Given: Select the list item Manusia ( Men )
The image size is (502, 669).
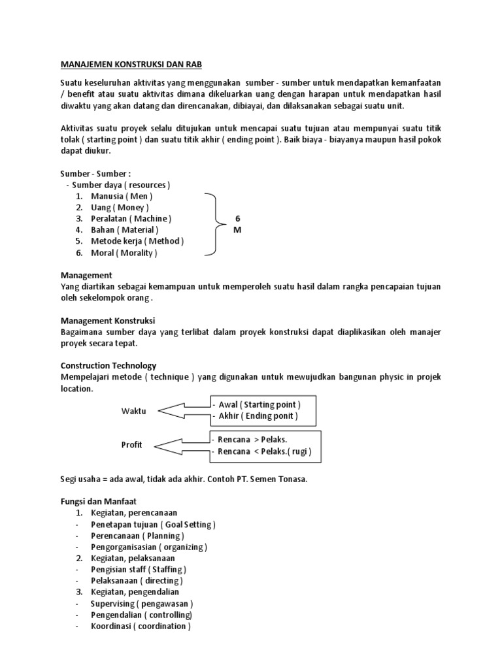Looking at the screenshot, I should pos(122,196).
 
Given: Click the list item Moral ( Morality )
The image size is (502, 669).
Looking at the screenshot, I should pos(124,252).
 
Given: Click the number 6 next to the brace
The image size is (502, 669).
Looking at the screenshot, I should pos(237,218).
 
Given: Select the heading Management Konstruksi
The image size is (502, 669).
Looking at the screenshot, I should pos(107,321).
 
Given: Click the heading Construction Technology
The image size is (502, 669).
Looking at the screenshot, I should pos(109,366).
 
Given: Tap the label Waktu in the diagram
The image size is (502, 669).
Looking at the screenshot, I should pos(134,411).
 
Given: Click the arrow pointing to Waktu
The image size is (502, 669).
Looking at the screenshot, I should pos(183,410).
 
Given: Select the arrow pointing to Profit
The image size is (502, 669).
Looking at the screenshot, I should pos(183,446).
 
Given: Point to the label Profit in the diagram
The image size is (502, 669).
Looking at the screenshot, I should pos(131,446).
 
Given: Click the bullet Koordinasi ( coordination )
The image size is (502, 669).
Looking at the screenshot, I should pos(141,626).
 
